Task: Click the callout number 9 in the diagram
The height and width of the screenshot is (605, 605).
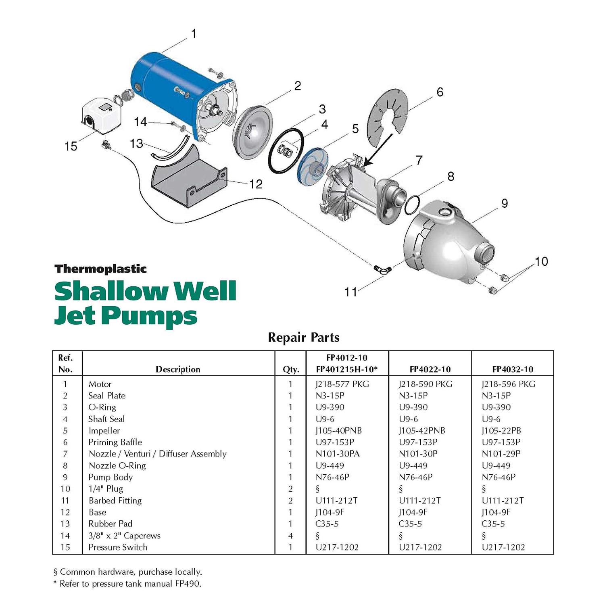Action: coord(504,203)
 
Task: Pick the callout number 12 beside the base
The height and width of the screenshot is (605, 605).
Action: coord(256,184)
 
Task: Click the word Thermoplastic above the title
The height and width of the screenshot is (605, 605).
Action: coord(100,269)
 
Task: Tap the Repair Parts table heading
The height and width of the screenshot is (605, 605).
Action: coord(303,338)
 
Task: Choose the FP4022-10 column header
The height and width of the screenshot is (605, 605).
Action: coord(430,369)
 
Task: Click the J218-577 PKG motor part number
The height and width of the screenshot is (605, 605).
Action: coord(342,384)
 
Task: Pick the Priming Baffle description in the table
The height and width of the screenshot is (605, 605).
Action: coord(115,442)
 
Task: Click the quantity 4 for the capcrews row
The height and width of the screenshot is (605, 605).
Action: coord(290,536)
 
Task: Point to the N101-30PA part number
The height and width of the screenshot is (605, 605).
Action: coord(337,454)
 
